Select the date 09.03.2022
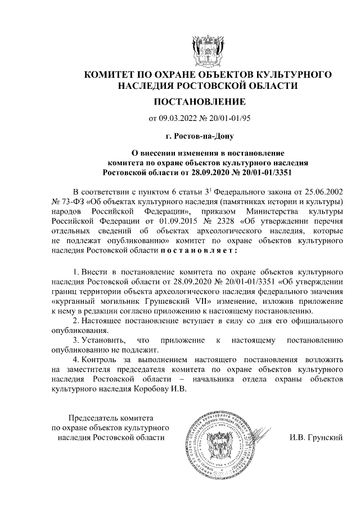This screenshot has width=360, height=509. [x=179, y=119]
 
